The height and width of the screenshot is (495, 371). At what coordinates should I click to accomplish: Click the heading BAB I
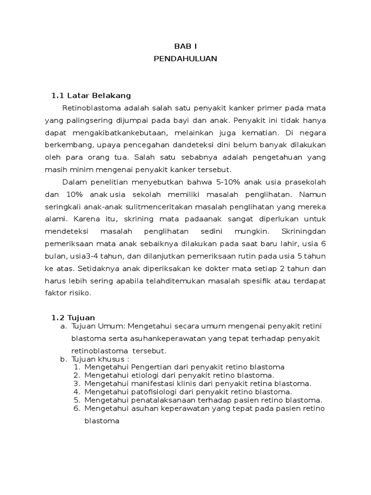coord(185,47)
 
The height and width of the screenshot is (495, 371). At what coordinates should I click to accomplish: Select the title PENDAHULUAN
coord(185,59)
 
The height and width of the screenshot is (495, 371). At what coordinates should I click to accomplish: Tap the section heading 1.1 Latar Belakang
coord(91,95)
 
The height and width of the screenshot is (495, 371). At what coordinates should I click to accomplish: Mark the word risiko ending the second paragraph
coord(79,293)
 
